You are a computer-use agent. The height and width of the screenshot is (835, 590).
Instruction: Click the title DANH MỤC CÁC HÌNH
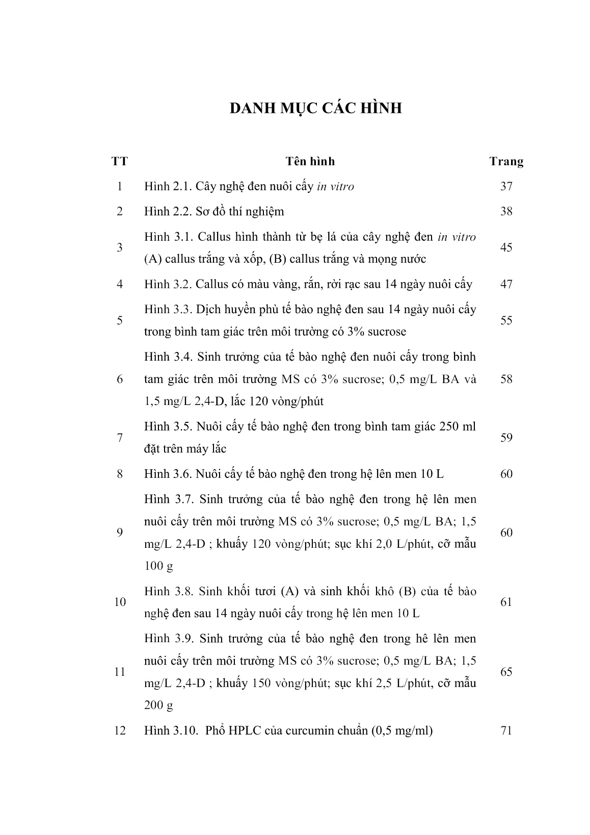point(315,109)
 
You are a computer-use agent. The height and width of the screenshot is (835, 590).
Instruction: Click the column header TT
point(119,162)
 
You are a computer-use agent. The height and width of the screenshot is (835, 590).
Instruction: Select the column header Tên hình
point(310,162)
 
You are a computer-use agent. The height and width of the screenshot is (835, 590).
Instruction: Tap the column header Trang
point(506,162)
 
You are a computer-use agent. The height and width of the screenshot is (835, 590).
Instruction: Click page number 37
point(506,186)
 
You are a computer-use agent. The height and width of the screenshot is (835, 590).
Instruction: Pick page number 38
point(506,211)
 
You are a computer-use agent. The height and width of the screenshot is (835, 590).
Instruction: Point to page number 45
point(506,247)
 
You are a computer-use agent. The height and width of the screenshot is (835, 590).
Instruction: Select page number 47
point(506,284)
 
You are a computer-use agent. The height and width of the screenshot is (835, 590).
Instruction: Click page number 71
point(506,730)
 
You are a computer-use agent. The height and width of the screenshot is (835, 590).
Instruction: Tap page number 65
point(506,672)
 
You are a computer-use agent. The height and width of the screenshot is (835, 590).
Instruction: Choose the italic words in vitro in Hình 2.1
point(335,186)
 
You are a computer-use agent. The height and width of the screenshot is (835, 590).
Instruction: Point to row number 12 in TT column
point(119,730)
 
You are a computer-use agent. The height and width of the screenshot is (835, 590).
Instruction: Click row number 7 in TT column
point(119,438)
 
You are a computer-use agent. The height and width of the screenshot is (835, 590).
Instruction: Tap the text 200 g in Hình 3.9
point(158,705)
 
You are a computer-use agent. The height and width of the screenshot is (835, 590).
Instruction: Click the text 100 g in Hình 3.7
point(158,566)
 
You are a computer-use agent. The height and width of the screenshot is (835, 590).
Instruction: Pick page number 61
point(506,602)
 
